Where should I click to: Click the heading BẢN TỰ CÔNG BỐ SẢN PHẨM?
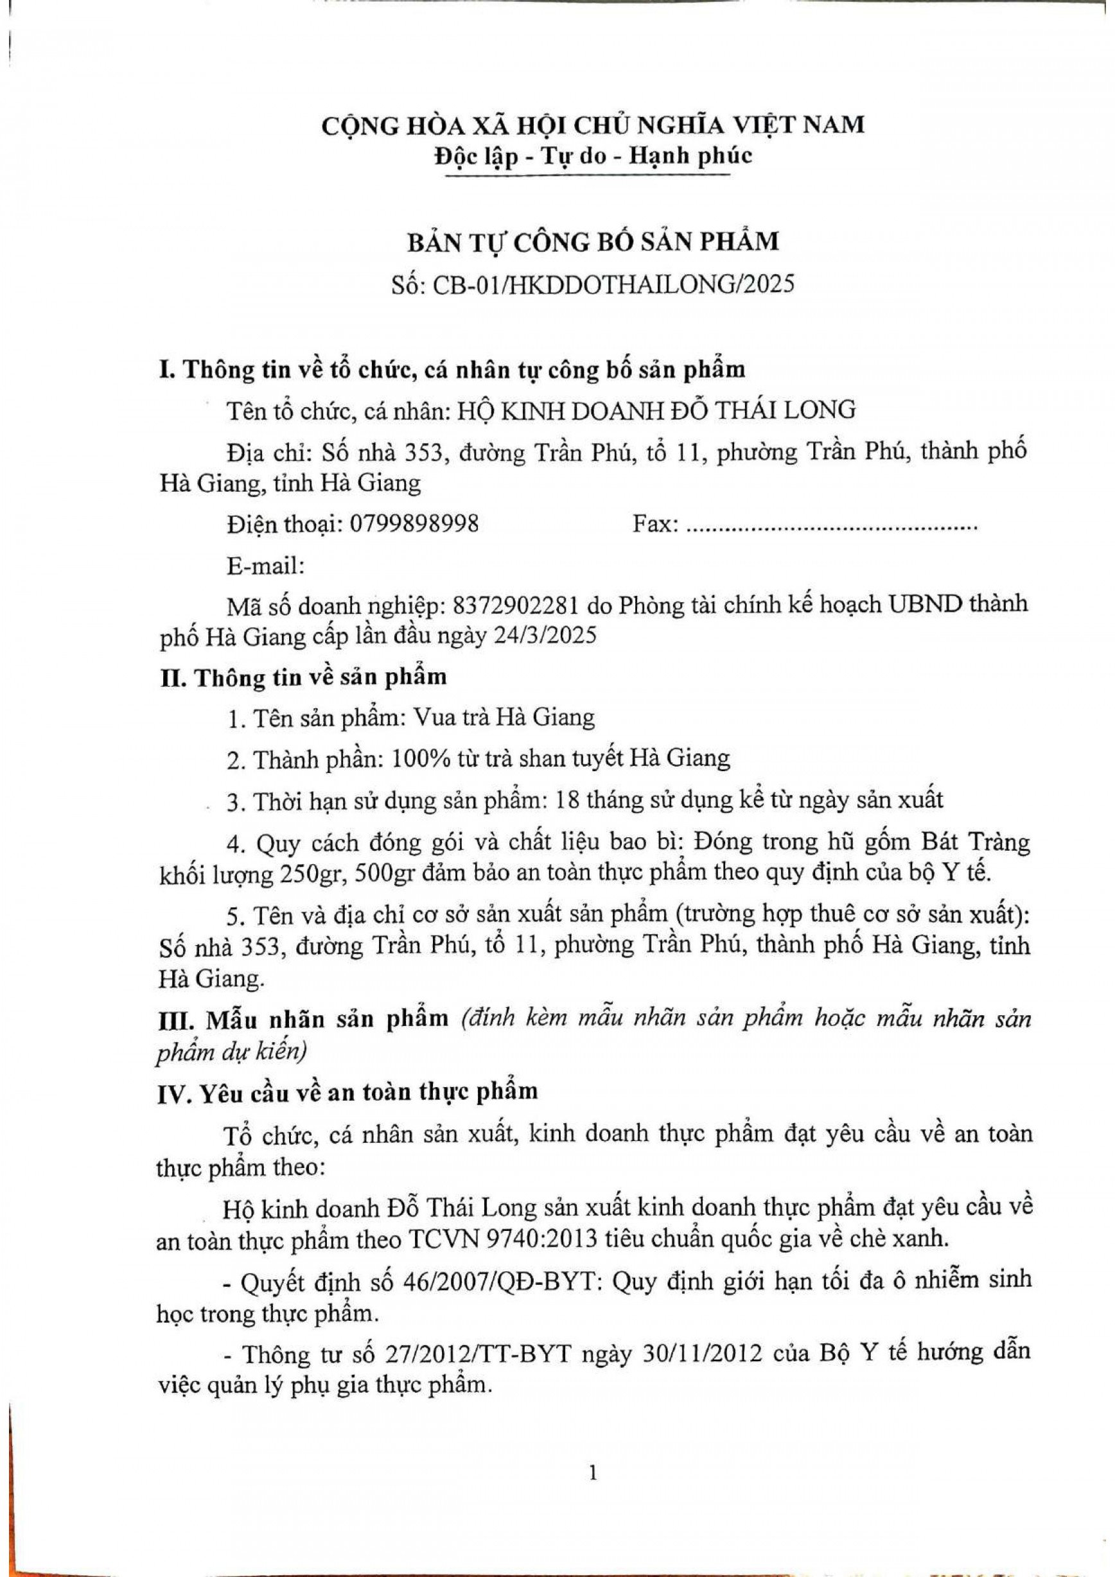[x=593, y=242]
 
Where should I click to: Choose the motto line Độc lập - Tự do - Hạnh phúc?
[x=593, y=156]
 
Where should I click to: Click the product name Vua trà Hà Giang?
[x=503, y=718]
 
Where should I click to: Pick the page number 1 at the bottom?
[x=593, y=1467]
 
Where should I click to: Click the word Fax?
[x=653, y=525]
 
